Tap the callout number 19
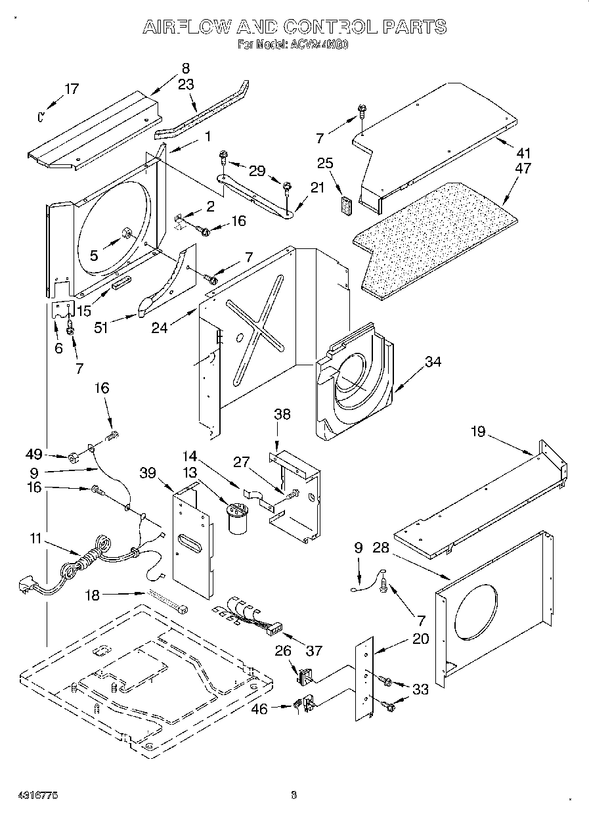478,432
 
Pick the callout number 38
282,415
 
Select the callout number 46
261,709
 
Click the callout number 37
314,650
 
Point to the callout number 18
93,595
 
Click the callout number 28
381,548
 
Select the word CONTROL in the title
328,27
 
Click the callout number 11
35,539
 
